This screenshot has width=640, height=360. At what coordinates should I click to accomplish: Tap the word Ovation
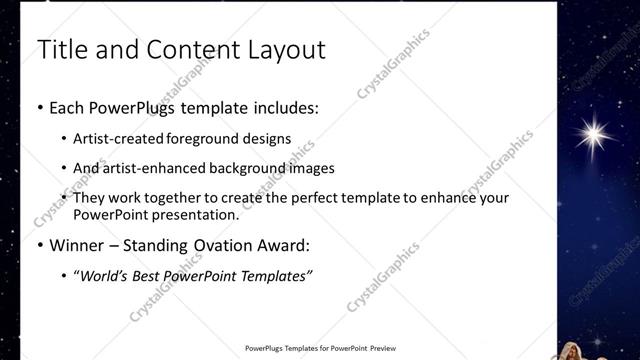(x=220, y=244)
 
